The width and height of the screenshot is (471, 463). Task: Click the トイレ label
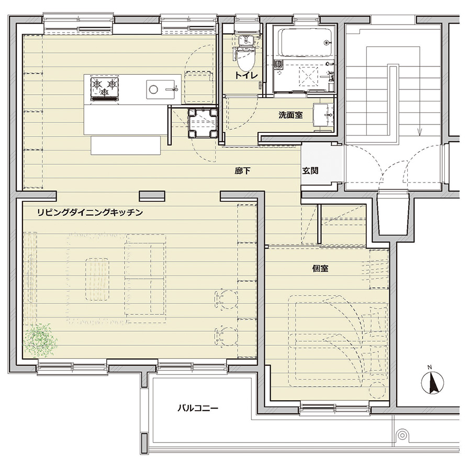[x=246, y=75]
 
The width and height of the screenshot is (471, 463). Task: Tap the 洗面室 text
[x=290, y=115]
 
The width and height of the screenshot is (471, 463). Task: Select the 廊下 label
[x=242, y=171]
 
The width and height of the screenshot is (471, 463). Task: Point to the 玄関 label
[x=310, y=171]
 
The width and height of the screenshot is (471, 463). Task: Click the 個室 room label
[x=320, y=268]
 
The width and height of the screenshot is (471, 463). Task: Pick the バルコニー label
[x=198, y=408]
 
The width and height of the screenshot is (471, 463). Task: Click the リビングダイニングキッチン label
[x=90, y=212]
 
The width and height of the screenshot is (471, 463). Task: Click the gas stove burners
[x=105, y=87]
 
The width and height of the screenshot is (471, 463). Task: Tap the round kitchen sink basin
[x=153, y=89]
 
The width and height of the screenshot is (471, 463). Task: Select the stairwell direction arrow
[x=420, y=131]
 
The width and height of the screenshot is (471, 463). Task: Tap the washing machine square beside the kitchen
[x=203, y=123]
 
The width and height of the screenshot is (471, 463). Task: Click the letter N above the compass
[x=430, y=367]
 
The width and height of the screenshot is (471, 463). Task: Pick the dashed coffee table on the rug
[x=97, y=279]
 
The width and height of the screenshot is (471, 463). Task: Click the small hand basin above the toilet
[x=246, y=40]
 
